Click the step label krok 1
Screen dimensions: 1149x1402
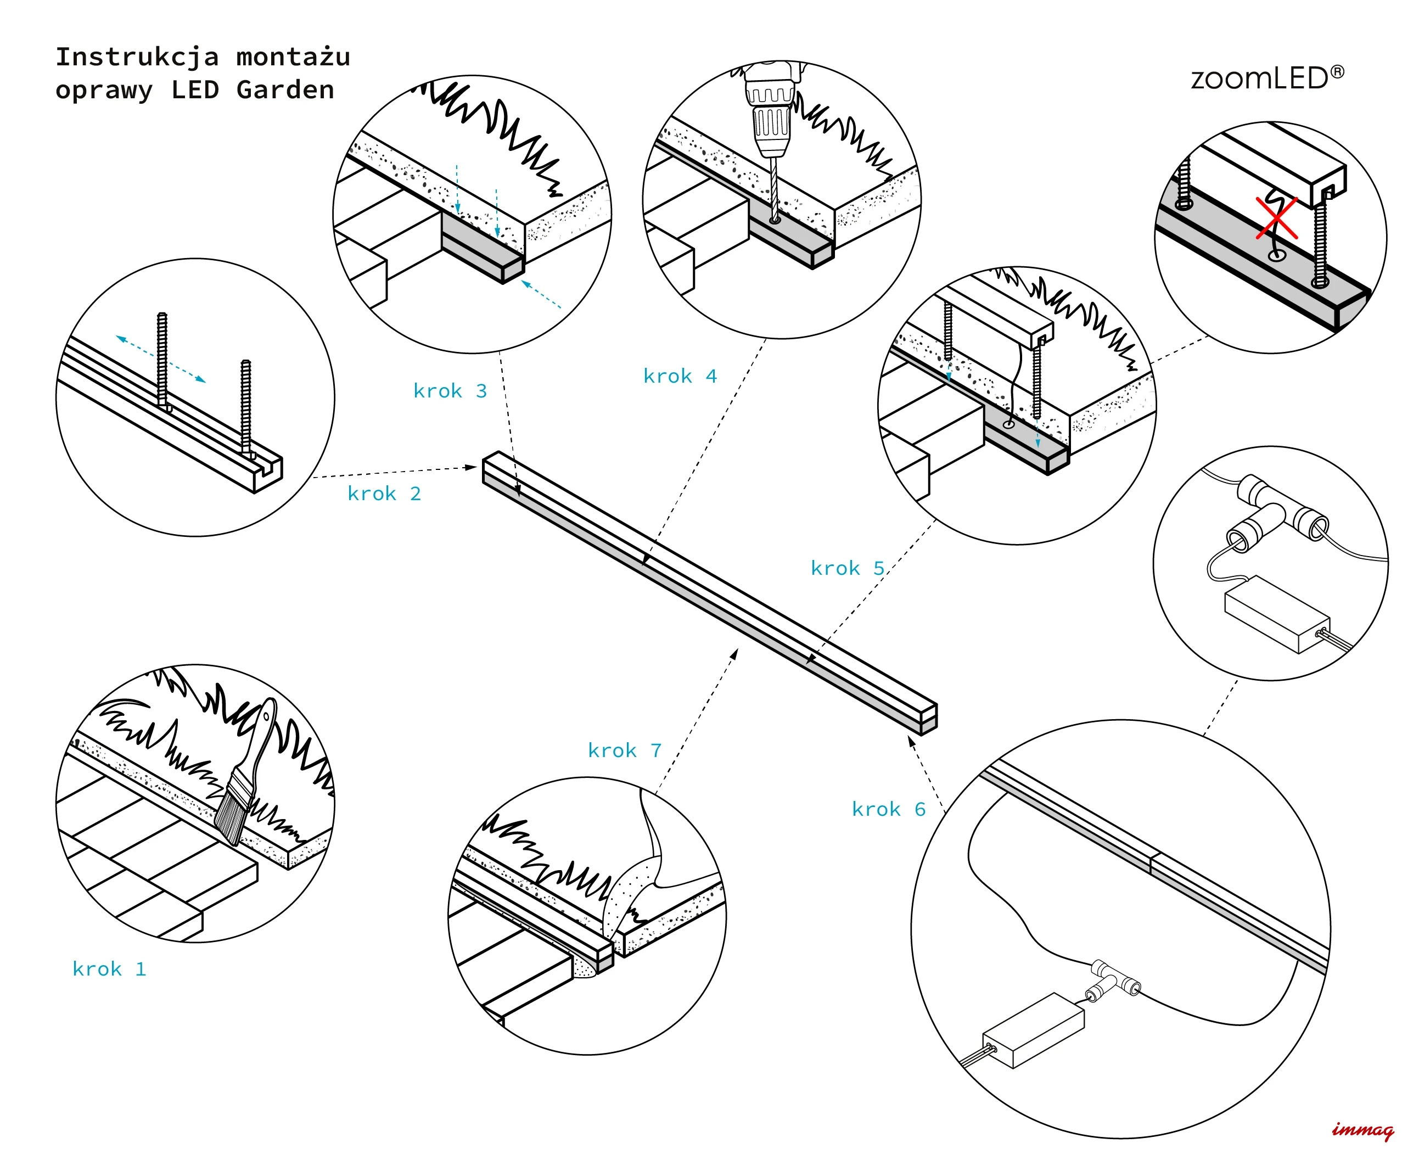pyautogui.click(x=109, y=969)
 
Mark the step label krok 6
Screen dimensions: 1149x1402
pyautogui.click(x=888, y=810)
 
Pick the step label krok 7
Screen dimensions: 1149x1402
pyautogui.click(x=624, y=750)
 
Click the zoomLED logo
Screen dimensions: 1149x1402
pyautogui.click(x=1267, y=79)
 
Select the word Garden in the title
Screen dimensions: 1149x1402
pyautogui.click(x=285, y=90)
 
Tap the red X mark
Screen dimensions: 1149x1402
pyautogui.click(x=1277, y=218)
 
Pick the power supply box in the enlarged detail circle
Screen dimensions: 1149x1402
pyautogui.click(x=1276, y=613)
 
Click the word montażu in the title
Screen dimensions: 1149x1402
pyautogui.click(x=293, y=57)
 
